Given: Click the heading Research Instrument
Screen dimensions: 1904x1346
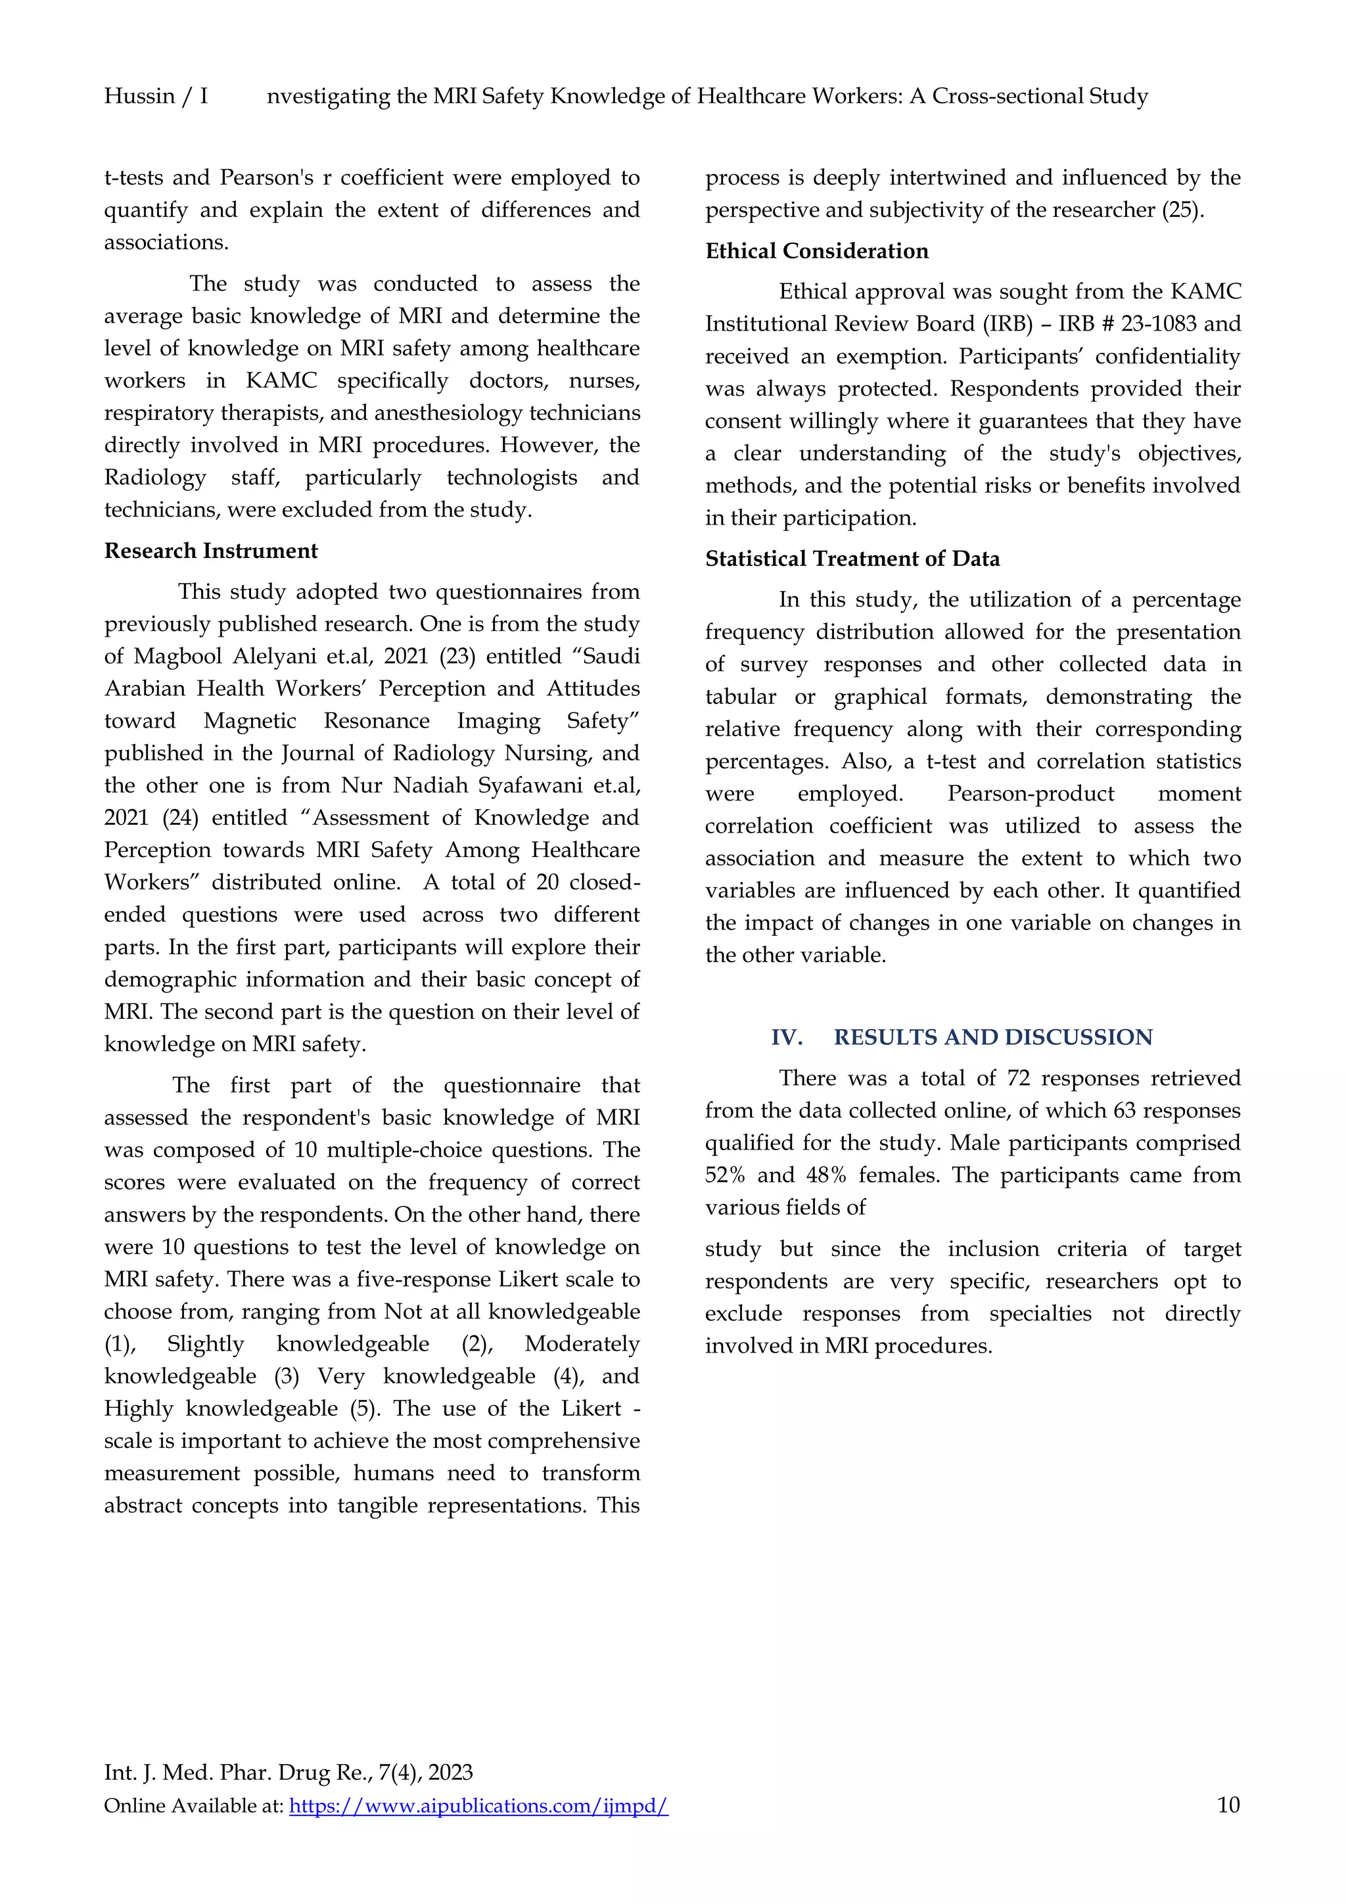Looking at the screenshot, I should click(211, 551).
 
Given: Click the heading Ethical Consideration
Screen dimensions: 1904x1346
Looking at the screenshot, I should click(816, 251).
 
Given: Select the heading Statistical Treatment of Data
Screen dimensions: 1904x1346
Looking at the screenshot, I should click(852, 559).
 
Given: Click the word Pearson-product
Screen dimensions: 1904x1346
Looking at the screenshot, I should click(1030, 795).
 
